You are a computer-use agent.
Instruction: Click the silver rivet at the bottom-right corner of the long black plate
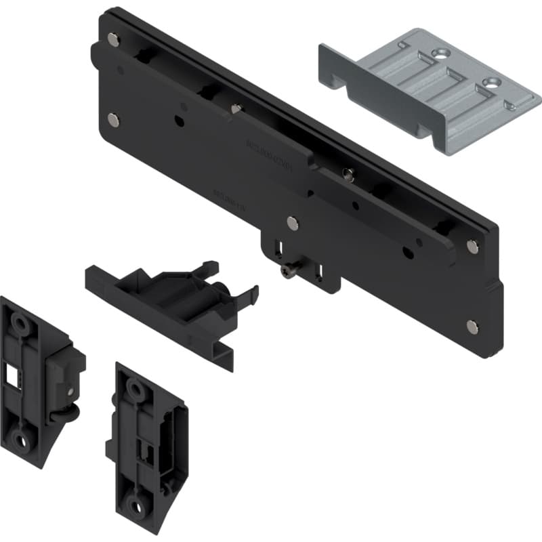472,327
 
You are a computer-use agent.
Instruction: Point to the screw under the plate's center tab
288,272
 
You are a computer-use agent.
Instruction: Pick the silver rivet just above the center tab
292,222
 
